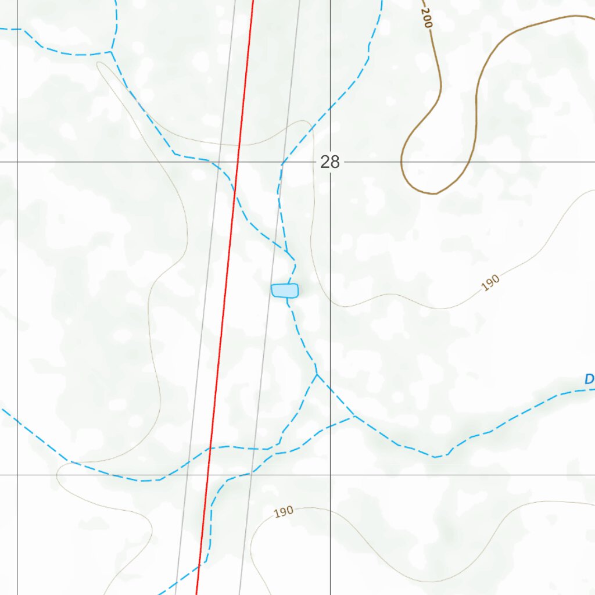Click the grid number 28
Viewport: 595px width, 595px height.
point(329,162)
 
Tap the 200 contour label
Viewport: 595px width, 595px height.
point(428,19)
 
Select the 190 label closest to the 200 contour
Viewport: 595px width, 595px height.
point(490,283)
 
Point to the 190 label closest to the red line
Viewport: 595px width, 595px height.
point(284,512)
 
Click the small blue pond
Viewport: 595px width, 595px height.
point(285,291)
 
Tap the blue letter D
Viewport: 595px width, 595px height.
point(589,379)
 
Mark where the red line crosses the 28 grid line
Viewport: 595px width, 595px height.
point(238,162)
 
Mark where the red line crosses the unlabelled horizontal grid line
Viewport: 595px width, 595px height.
point(207,475)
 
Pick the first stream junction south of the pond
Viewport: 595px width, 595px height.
point(317,374)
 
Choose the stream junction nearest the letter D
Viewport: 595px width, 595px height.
point(354,417)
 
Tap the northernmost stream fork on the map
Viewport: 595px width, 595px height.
point(112,52)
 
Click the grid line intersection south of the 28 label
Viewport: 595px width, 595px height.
point(330,475)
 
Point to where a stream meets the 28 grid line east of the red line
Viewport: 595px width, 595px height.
point(283,162)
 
